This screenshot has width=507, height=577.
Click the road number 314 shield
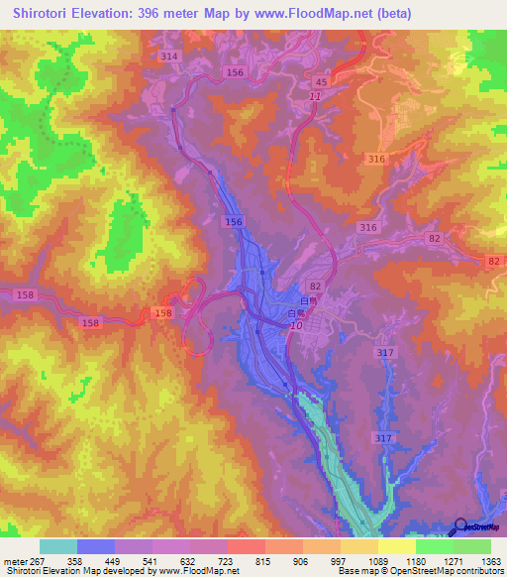click(x=169, y=57)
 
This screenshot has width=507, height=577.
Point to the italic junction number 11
click(x=314, y=95)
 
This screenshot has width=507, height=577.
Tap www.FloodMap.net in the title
click(x=312, y=14)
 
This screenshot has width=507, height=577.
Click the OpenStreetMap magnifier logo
click(x=462, y=527)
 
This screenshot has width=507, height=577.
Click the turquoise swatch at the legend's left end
click(x=58, y=546)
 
